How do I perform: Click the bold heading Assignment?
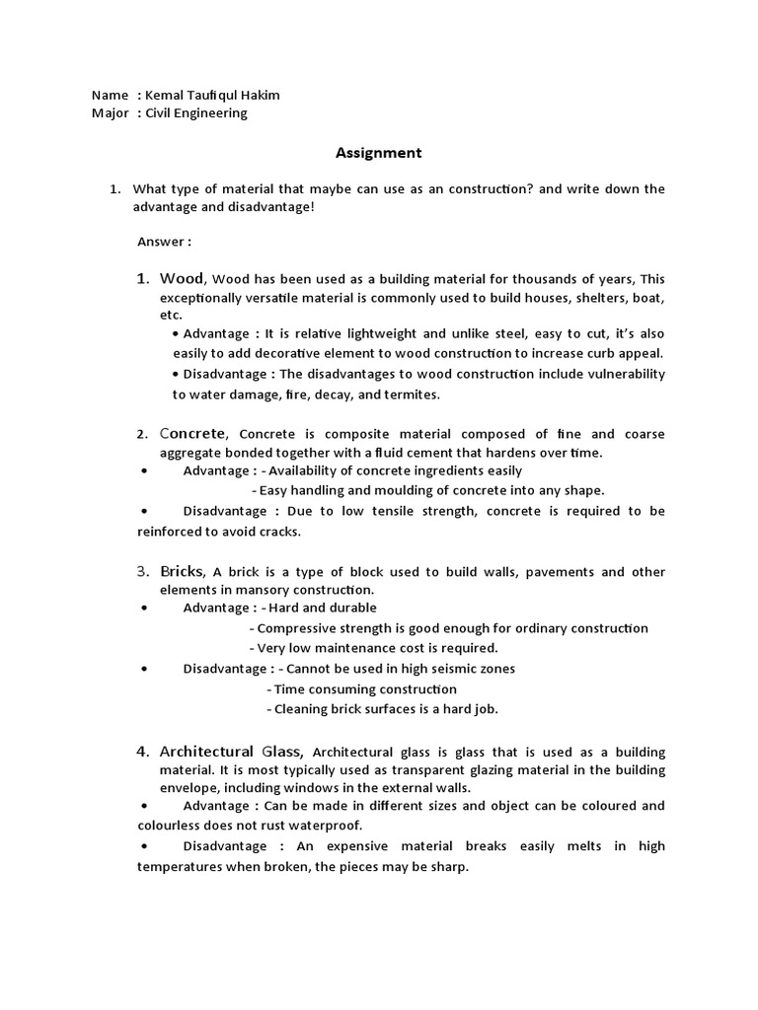pyautogui.click(x=378, y=153)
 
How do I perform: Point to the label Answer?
pyautogui.click(x=161, y=242)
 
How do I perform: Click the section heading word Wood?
pyautogui.click(x=182, y=278)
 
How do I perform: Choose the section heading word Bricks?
pyautogui.click(x=182, y=571)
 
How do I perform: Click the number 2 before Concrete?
pyautogui.click(x=141, y=434)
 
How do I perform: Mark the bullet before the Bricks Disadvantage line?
pyautogui.click(x=144, y=669)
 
